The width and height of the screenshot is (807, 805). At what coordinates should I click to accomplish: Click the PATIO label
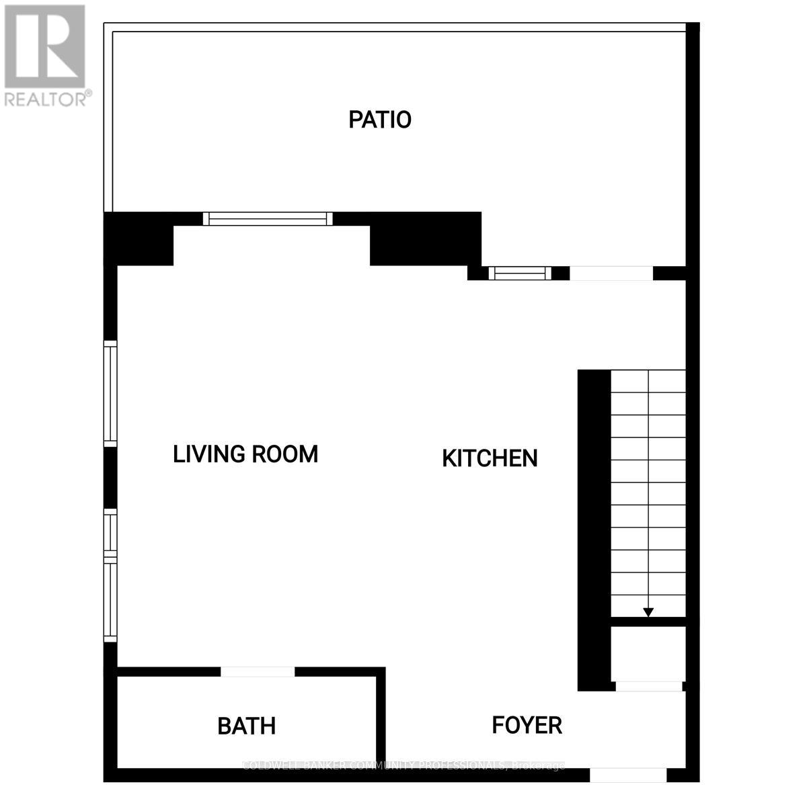(380, 120)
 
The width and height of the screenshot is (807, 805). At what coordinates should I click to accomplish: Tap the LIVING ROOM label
(245, 454)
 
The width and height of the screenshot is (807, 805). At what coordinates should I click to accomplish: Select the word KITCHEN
(490, 458)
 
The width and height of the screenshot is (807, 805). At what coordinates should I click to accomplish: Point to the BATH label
(247, 726)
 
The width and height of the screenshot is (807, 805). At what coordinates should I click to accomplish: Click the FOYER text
(527, 726)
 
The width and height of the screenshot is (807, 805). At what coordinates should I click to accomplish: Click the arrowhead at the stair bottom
(648, 611)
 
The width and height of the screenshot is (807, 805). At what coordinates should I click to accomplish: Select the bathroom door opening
(258, 671)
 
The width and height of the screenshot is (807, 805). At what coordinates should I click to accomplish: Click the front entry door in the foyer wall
(628, 775)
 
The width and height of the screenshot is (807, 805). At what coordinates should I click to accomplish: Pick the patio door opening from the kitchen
(611, 273)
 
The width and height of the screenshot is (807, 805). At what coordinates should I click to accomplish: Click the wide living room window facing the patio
(268, 218)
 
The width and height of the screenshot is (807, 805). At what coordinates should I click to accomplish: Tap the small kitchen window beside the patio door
(519, 273)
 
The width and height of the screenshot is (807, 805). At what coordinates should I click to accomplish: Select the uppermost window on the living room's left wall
(110, 393)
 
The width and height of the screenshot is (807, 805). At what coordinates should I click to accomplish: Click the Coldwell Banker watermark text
(403, 765)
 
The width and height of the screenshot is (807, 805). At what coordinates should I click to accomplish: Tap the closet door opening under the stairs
(649, 686)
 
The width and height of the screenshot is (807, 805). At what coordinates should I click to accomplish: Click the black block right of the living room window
(425, 239)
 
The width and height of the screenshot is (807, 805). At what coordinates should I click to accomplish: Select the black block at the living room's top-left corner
(139, 239)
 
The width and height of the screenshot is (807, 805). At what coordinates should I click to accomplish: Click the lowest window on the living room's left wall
(110, 598)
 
